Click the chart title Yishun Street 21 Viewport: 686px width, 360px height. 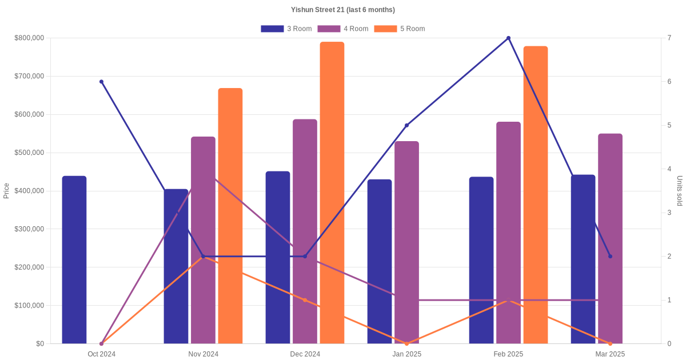342,10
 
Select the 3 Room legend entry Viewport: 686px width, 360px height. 286,29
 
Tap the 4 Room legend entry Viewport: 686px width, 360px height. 342,29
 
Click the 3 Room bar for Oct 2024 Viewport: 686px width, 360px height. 74,260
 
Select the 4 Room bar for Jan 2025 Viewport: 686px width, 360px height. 406,242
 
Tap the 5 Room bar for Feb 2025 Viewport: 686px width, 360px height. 536,195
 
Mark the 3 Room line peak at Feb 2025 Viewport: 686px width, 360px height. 508,38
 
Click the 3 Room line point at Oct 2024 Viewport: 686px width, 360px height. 102,82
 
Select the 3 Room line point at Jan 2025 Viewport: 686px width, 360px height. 406,125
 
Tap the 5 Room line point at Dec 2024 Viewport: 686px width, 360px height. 305,300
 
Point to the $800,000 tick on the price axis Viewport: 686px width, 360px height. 29,38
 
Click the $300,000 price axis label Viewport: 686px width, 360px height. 29,229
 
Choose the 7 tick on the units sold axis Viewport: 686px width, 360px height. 669,38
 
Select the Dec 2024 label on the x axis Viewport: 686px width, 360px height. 305,354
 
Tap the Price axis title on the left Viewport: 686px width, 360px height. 6,191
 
